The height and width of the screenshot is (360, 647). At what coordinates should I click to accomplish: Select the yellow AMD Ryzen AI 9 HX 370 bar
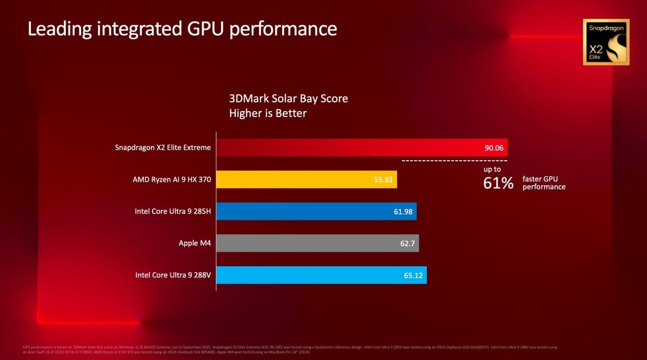pyautogui.click(x=306, y=179)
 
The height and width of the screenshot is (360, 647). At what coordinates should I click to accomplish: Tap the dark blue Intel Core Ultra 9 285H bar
pyautogui.click(x=316, y=211)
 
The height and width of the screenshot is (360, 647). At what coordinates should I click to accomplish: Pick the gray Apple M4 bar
pyautogui.click(x=317, y=243)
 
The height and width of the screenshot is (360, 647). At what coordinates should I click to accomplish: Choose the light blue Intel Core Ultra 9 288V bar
pyautogui.click(x=321, y=275)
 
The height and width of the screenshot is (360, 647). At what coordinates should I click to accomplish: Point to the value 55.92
pyautogui.click(x=383, y=180)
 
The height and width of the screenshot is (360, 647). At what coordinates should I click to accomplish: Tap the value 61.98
pyautogui.click(x=403, y=212)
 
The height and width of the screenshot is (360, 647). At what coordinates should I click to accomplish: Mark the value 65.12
pyautogui.click(x=413, y=275)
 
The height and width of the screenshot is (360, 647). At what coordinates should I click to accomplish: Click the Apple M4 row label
pyautogui.click(x=195, y=244)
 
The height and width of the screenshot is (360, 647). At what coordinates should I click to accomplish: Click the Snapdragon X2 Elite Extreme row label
pyautogui.click(x=163, y=147)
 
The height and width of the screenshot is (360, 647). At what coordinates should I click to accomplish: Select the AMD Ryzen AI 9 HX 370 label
pyautogui.click(x=171, y=179)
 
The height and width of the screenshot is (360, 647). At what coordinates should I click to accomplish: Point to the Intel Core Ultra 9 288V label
pyautogui.click(x=173, y=275)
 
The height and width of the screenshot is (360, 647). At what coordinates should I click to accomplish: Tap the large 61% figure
pyautogui.click(x=498, y=183)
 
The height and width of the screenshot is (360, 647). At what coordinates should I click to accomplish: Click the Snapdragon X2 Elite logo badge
pyautogui.click(x=605, y=42)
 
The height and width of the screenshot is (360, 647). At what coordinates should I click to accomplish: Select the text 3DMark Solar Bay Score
pyautogui.click(x=288, y=99)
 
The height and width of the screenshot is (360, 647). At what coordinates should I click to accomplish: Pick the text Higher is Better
pyautogui.click(x=267, y=113)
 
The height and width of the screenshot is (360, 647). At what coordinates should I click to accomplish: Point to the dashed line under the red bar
pyautogui.click(x=454, y=161)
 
